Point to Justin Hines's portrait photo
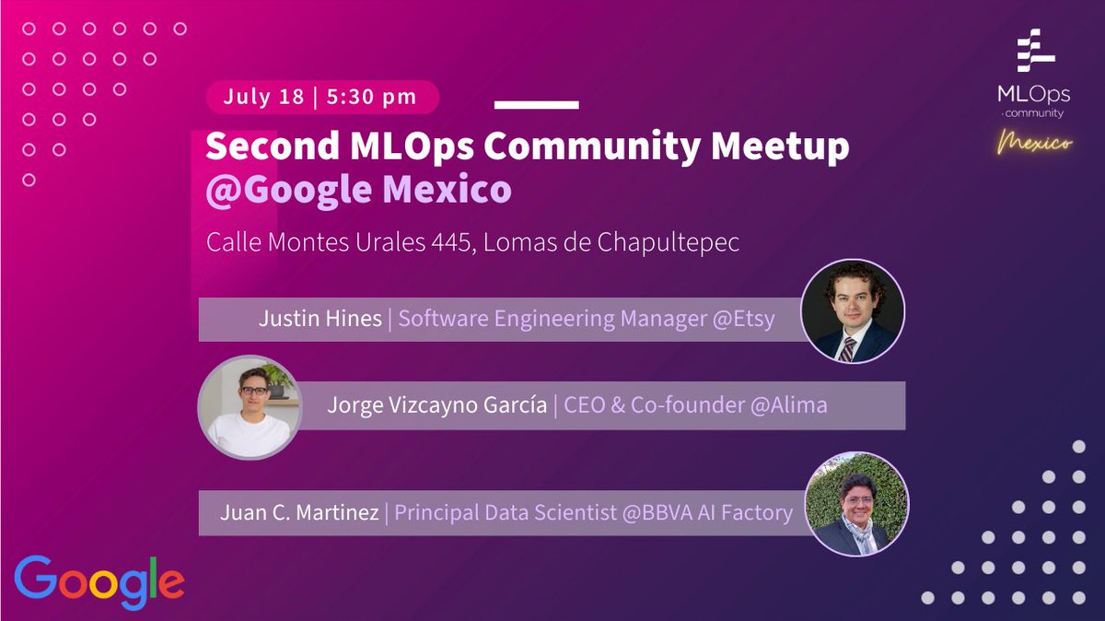[x=853, y=310]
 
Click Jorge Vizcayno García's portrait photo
[x=250, y=406]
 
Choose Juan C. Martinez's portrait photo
[x=856, y=503]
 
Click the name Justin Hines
[x=320, y=320]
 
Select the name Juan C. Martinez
[x=300, y=512]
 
